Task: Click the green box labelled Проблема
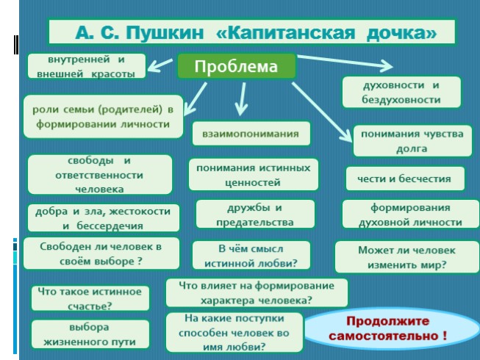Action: (236, 67)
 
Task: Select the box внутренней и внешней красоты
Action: (86, 65)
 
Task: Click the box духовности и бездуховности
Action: (401, 93)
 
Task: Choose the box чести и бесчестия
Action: (405, 179)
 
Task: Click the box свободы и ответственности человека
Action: (89, 175)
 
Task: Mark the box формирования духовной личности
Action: (406, 215)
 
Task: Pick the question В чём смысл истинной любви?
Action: (253, 255)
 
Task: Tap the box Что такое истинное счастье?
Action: (90, 298)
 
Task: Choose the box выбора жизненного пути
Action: (89, 334)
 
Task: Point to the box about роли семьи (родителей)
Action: (102, 116)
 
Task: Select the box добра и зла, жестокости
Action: (102, 218)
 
